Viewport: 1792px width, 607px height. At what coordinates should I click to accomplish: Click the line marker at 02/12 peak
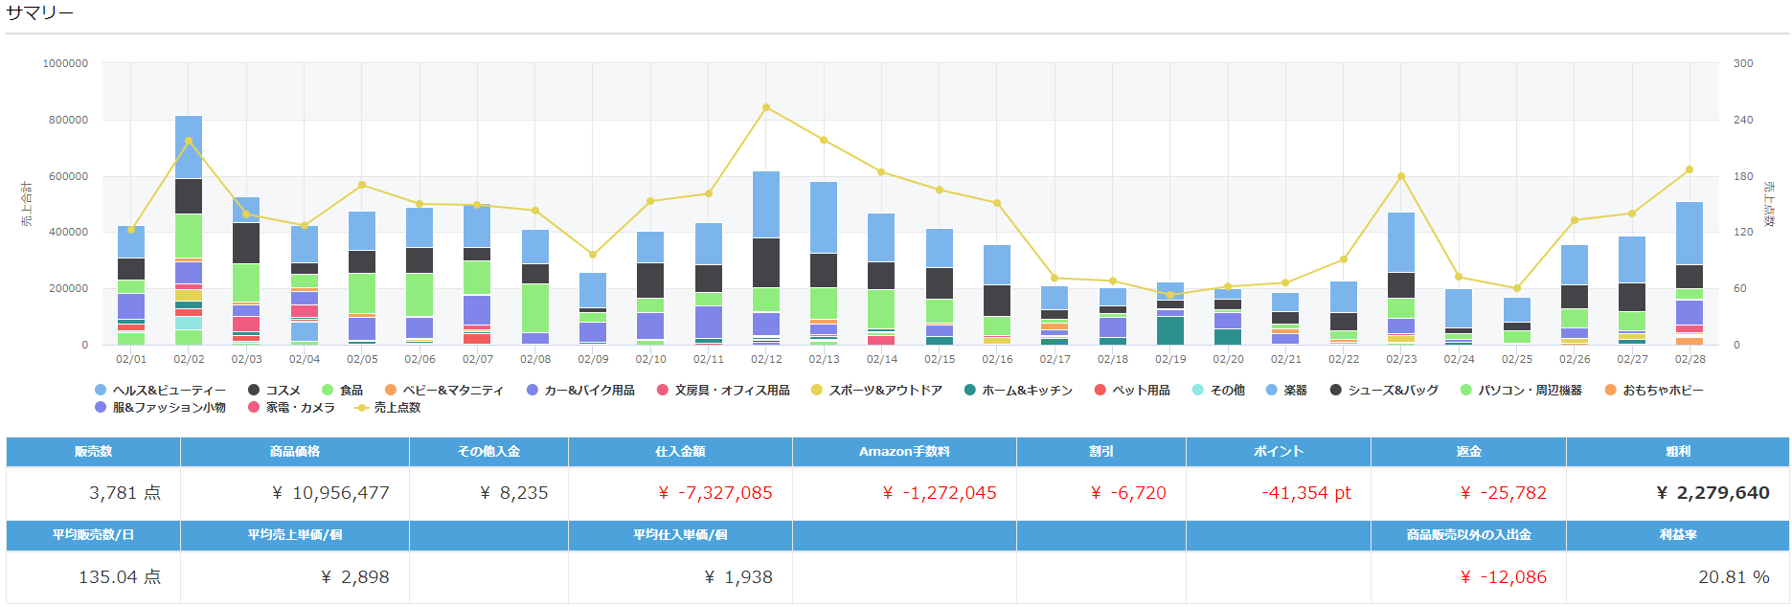(x=766, y=107)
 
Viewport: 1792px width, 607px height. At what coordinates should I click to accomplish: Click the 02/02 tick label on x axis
(x=189, y=359)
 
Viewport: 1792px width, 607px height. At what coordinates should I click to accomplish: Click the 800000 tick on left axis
(x=65, y=120)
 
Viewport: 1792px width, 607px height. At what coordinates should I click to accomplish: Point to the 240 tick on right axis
(x=1743, y=120)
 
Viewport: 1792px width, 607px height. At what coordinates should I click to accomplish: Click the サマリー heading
(x=39, y=13)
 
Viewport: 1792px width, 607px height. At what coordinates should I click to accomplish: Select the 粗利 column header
(x=1677, y=452)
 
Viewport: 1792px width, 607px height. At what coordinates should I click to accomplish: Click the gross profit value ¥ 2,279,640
(x=1713, y=493)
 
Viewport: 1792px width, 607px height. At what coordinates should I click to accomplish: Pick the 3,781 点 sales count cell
(x=125, y=493)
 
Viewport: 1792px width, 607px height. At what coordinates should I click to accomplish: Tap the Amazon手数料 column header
(x=904, y=452)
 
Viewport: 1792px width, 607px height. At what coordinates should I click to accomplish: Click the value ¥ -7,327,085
(x=715, y=493)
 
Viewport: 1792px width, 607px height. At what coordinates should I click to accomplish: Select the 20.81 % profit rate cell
(x=1734, y=577)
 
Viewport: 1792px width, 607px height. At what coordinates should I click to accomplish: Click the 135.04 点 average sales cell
(x=120, y=577)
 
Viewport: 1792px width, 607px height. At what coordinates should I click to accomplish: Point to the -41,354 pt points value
(x=1306, y=493)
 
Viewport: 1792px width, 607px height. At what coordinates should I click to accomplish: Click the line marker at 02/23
(x=1401, y=176)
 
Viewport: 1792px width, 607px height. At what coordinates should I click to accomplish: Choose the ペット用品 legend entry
(x=1141, y=391)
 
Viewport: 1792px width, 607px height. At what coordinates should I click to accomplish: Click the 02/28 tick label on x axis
(x=1690, y=359)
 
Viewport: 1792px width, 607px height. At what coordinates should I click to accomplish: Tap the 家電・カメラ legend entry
(x=300, y=408)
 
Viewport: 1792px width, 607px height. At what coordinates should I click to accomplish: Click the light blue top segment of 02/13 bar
(x=824, y=217)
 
